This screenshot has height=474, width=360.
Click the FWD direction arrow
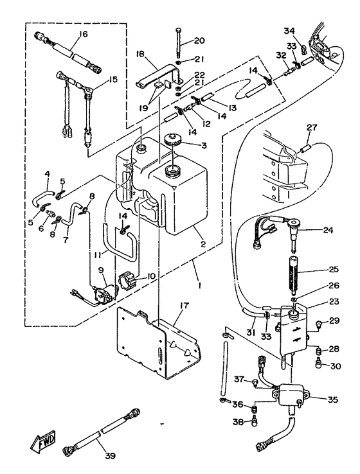pos(42,441)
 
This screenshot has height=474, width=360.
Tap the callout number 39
pos(111,455)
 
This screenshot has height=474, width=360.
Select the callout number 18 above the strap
pos(141,54)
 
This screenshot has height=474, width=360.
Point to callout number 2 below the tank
pos(203,243)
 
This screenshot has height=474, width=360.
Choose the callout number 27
pos(311,127)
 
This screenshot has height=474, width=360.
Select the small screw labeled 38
pos(254,421)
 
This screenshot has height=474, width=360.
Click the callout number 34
pos(289,31)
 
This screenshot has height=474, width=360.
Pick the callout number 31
pos(249,332)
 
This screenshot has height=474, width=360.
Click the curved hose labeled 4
pos(43,197)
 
